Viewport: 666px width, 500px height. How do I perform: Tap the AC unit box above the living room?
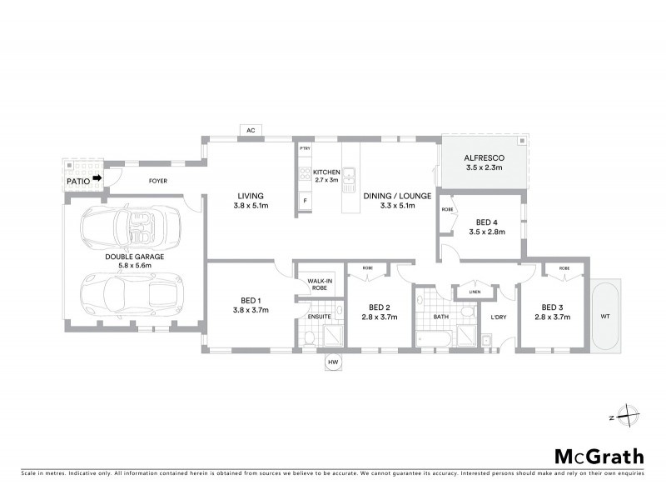[250, 129]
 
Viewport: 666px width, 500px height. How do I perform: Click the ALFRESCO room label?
[484, 156]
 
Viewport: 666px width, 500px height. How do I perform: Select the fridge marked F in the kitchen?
[306, 201]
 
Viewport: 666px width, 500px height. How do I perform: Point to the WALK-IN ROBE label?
[320, 283]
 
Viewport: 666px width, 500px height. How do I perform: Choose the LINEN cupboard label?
[475, 292]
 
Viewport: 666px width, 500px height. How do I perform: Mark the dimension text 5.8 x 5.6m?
[134, 267]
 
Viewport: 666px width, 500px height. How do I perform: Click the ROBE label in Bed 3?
[564, 268]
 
